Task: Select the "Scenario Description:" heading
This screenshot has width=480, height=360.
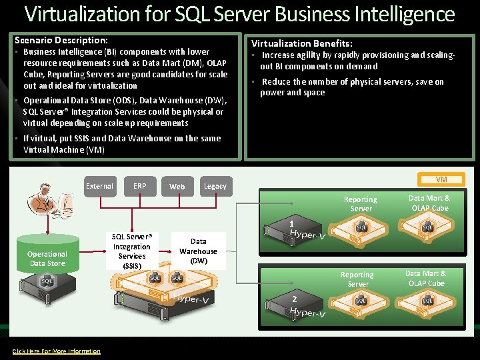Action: pyautogui.click(x=61, y=40)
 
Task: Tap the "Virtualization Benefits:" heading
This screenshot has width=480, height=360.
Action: pyautogui.click(x=302, y=43)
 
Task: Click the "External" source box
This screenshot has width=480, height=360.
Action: pyautogui.click(x=99, y=186)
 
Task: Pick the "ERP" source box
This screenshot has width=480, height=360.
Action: pyautogui.click(x=139, y=186)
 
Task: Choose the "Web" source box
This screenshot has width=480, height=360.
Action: pyautogui.click(x=177, y=187)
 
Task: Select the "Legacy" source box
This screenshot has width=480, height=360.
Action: pyautogui.click(x=215, y=187)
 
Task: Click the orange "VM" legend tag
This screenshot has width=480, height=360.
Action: pyautogui.click(x=441, y=179)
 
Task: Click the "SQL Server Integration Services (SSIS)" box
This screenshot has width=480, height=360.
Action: pyautogui.click(x=132, y=251)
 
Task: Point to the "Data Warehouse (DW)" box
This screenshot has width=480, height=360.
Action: pyautogui.click(x=198, y=251)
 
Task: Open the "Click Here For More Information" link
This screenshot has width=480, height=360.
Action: pyautogui.click(x=57, y=351)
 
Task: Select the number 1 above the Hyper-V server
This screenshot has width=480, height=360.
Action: pyautogui.click(x=291, y=223)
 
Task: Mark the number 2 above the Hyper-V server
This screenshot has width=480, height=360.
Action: pyautogui.click(x=294, y=299)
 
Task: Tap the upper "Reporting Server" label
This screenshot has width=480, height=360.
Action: pyautogui.click(x=360, y=204)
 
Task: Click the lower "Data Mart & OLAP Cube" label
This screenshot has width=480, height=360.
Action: pyautogui.click(x=425, y=279)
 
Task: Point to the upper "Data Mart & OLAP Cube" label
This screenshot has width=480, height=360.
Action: pyautogui.click(x=429, y=203)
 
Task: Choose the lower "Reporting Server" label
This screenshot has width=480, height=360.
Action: pyautogui.click(x=357, y=279)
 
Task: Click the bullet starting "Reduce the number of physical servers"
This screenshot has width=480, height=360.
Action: pyautogui.click(x=352, y=87)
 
